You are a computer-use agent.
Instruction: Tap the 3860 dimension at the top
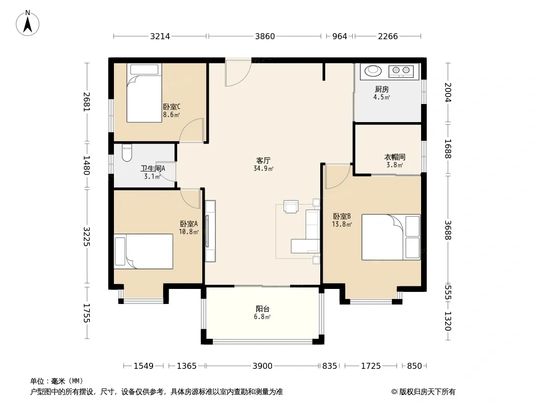tap(265, 36)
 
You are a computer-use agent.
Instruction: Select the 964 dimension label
tap(339, 36)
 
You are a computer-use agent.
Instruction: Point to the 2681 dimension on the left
tap(87, 102)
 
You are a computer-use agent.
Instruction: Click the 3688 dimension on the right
tap(448, 230)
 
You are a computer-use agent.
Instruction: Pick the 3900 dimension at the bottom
tap(262, 366)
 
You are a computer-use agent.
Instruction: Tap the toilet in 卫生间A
tap(126, 153)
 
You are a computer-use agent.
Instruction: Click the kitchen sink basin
tap(373, 71)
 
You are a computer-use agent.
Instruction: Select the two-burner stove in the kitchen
tap(401, 71)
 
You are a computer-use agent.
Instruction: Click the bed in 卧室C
tap(144, 92)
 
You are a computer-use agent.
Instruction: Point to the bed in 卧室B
tap(391, 237)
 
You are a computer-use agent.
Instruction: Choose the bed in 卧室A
tap(144, 251)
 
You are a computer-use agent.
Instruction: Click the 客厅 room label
tap(263, 160)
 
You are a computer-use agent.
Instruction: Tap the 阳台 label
tap(262, 309)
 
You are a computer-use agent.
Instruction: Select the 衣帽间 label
tap(395, 157)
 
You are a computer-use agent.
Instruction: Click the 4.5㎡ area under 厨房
tap(381, 97)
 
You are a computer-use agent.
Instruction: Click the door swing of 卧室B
tap(338, 176)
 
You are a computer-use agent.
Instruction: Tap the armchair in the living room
tap(291, 207)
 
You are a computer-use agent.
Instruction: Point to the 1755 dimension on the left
tap(87, 313)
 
